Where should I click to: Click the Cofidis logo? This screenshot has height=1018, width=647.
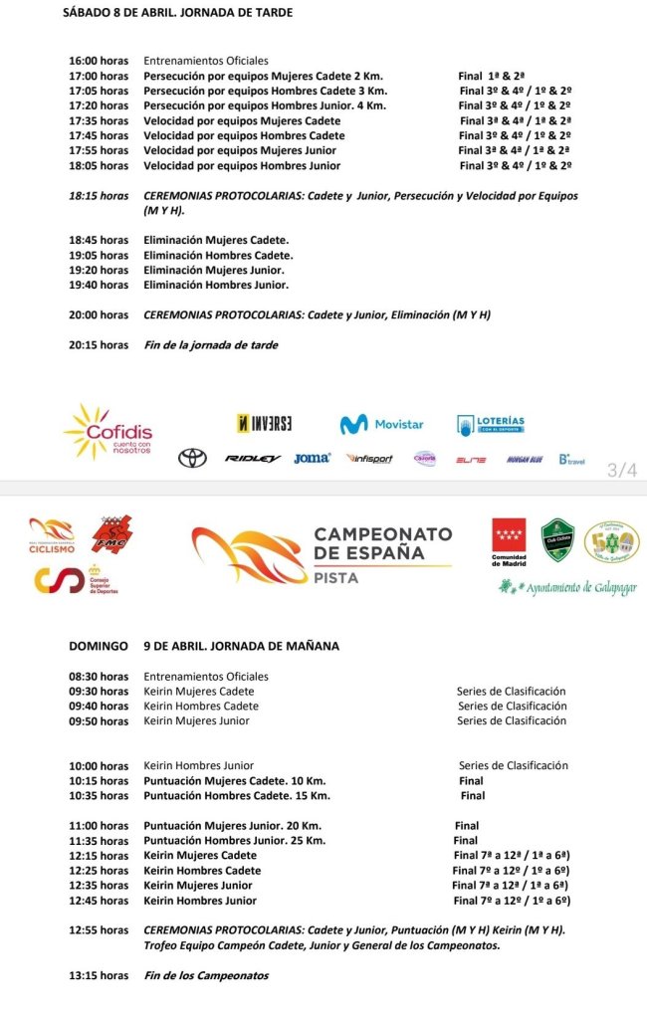(x=109, y=432)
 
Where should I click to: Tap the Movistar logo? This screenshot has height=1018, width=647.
(x=381, y=425)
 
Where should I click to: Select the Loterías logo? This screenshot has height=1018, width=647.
(x=491, y=424)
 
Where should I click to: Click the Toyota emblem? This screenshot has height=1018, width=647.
(x=192, y=459)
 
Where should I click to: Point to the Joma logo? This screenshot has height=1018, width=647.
(x=312, y=459)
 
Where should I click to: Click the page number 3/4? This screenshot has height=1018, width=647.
(x=622, y=470)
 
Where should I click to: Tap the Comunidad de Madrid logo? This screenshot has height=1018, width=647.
(x=510, y=543)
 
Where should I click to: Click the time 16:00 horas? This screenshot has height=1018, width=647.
(x=99, y=61)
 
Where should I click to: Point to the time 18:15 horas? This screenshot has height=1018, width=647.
(x=99, y=196)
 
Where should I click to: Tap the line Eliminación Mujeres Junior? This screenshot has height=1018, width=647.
(x=214, y=270)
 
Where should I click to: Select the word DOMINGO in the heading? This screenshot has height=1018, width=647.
(x=99, y=646)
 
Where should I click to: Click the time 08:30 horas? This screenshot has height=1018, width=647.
(x=99, y=677)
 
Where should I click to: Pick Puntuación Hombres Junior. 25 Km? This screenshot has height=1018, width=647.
(x=235, y=841)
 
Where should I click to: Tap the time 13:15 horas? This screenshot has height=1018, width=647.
(x=99, y=975)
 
